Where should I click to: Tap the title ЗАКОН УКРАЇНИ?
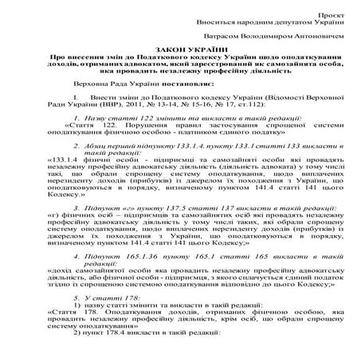coord(180,49)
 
